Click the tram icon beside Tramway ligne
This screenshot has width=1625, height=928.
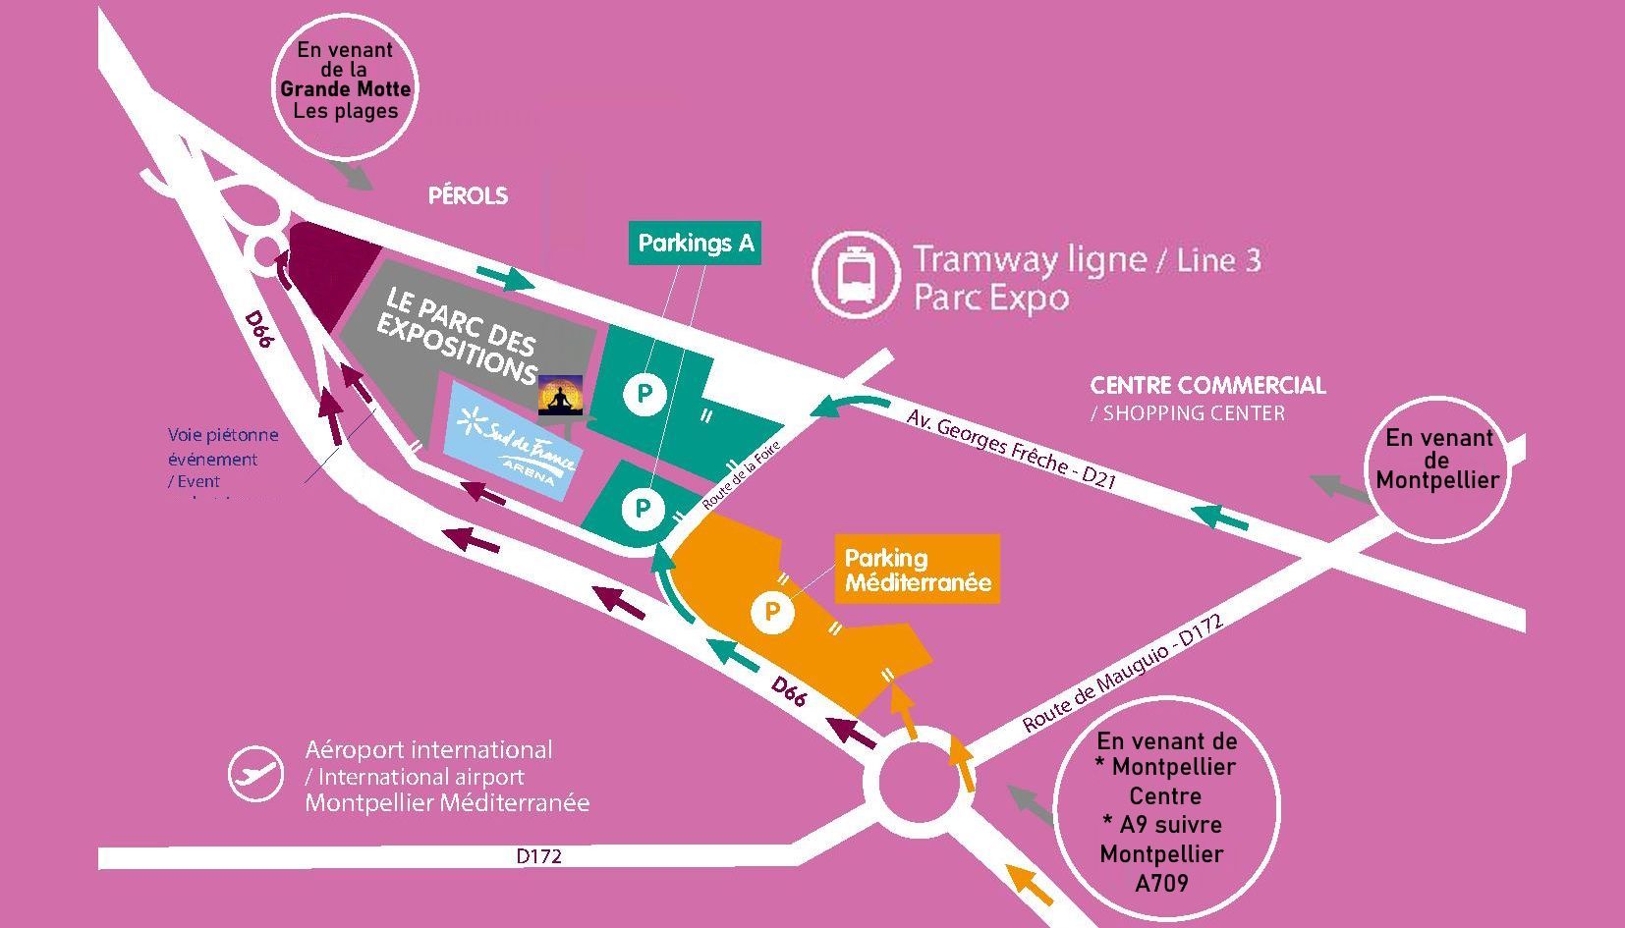856,274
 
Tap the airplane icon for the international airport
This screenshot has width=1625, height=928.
256,774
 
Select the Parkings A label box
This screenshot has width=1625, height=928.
696,244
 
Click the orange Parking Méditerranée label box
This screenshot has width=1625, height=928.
918,570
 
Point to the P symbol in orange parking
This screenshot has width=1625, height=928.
772,613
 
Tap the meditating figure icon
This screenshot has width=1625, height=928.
560,396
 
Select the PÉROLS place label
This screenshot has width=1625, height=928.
468,196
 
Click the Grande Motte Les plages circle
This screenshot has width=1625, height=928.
345,85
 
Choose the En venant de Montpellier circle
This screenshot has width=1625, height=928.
1437,469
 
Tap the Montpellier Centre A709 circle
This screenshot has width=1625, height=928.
1165,810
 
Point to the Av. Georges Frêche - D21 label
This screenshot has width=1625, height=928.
1011,448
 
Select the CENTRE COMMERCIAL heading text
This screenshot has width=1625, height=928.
1207,386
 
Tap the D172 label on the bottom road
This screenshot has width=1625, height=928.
538,856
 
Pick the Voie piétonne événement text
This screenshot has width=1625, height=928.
223,447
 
